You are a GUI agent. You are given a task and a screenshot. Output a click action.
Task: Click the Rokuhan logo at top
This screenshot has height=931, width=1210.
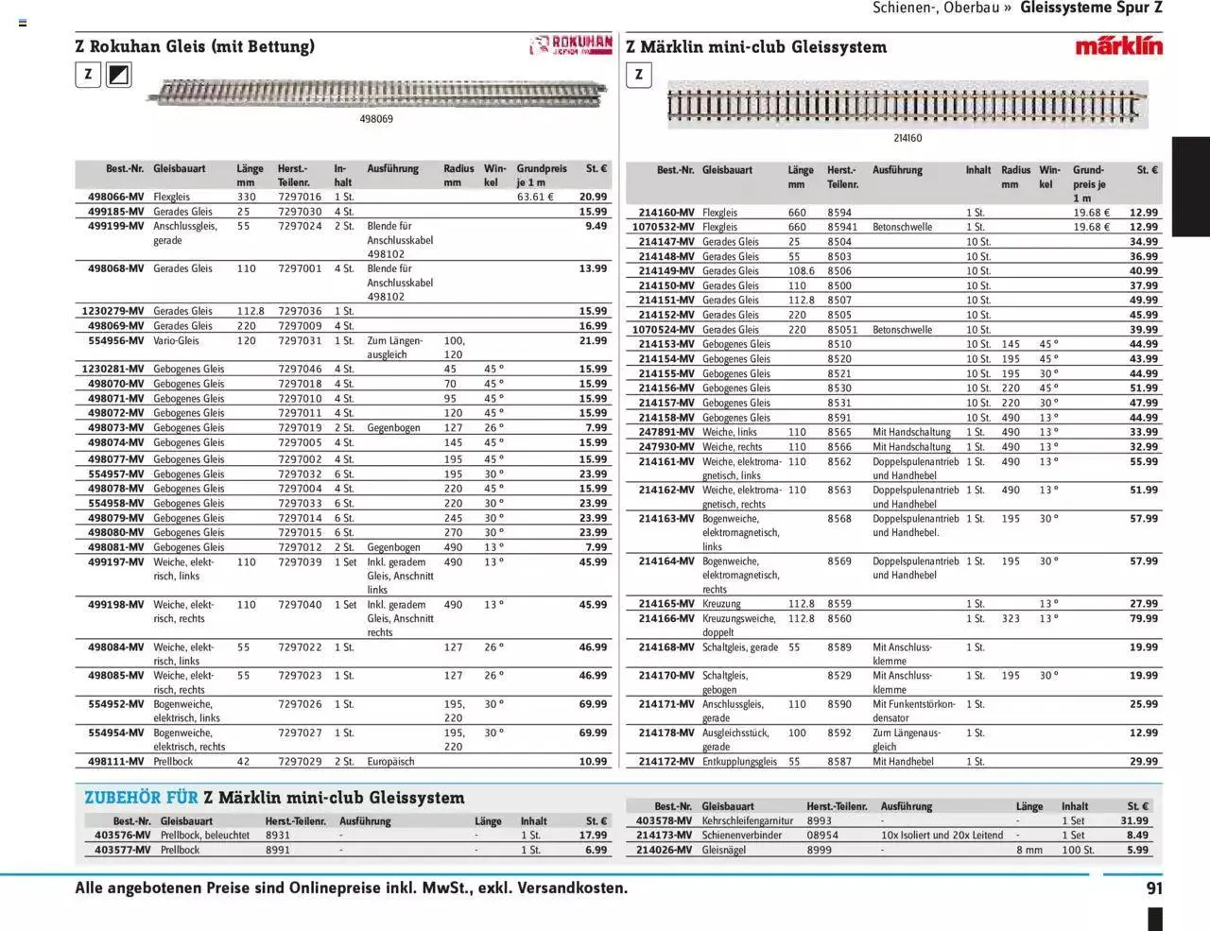tap(571, 45)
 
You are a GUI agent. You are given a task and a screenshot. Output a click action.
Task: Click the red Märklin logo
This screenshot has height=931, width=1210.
tap(1118, 45)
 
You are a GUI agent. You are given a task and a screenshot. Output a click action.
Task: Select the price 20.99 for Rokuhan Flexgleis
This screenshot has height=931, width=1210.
tap(593, 197)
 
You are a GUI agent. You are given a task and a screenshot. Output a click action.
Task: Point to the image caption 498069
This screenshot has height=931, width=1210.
tap(376, 119)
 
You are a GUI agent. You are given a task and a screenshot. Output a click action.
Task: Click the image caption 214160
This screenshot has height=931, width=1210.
tap(907, 138)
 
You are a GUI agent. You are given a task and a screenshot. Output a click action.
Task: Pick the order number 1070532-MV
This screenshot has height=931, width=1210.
tap(663, 227)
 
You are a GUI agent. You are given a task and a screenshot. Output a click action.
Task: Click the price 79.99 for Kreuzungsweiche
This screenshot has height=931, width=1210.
tap(1143, 618)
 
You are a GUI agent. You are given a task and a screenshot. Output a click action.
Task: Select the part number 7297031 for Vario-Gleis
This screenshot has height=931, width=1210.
tap(300, 340)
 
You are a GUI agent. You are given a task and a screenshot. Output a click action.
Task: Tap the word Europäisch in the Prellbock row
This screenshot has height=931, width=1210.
tap(391, 761)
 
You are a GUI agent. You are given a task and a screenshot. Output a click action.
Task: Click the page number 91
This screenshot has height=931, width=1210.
tap(1154, 888)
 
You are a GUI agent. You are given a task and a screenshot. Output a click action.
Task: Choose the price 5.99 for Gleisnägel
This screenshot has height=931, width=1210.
tap(1137, 850)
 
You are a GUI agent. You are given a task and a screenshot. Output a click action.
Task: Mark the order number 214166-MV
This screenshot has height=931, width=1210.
tap(665, 618)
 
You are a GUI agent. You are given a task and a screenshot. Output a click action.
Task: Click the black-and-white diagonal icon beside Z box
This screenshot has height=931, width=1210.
tap(119, 75)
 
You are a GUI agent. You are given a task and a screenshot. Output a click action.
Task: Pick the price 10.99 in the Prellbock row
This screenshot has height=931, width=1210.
tap(593, 761)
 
